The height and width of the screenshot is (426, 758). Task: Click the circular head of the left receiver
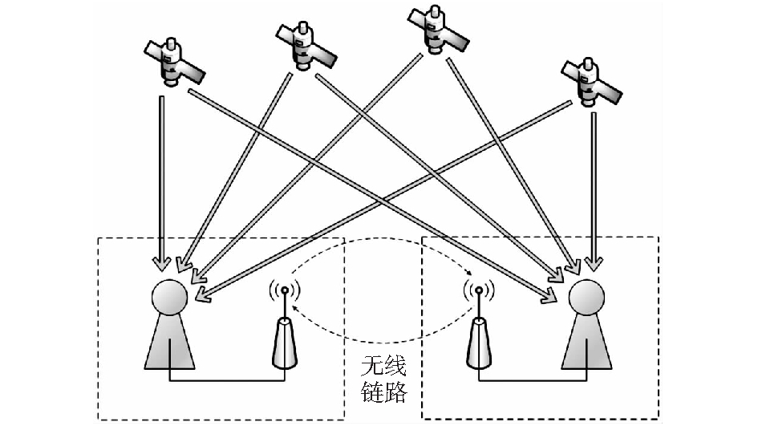[x=169, y=298]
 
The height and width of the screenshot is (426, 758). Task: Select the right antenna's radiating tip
[x=479, y=290]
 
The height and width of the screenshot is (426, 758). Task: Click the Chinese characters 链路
[x=383, y=393]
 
